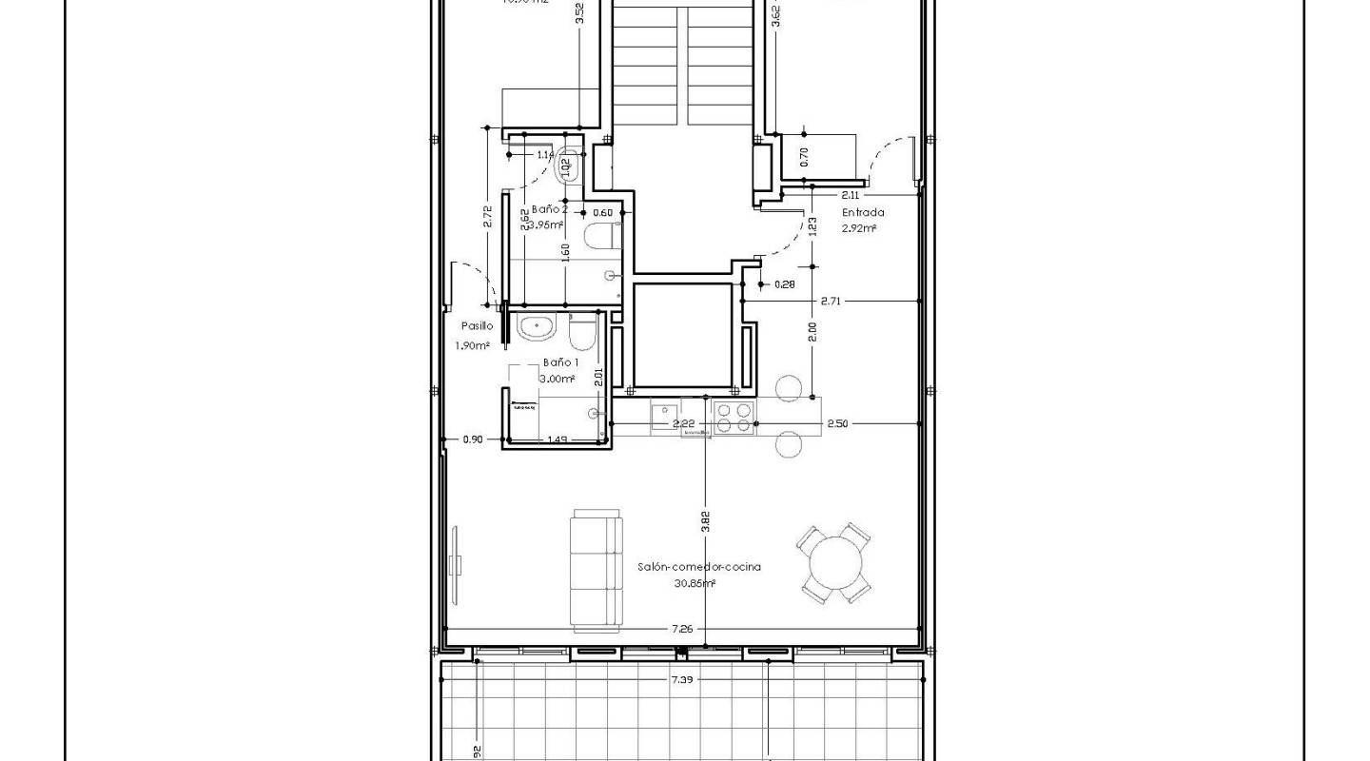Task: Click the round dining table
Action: (834, 564)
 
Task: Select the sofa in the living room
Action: (596, 570)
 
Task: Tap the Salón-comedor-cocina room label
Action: (699, 567)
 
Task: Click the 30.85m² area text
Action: (695, 583)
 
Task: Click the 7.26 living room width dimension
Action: (681, 629)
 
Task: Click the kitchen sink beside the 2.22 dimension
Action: (662, 416)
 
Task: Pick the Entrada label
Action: (863, 213)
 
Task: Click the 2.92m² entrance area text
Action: (859, 228)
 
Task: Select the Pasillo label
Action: (477, 325)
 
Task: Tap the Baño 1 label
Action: (560, 362)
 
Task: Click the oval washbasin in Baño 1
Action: (536, 328)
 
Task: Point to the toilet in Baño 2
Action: (600, 236)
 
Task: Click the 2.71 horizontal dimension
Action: (832, 301)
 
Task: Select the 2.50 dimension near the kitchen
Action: (837, 423)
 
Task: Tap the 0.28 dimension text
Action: (785, 283)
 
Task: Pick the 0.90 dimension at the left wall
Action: (473, 439)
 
